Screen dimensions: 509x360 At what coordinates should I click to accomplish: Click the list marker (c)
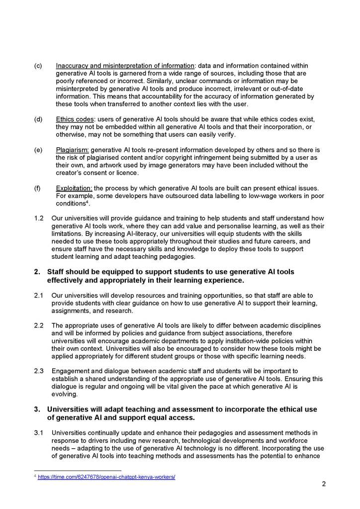(x=38, y=66)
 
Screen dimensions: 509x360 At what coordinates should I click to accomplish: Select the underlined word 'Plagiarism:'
(x=73, y=150)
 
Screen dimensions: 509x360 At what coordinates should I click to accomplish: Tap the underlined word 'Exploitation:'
(x=75, y=188)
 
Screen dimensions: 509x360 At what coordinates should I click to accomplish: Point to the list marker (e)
(x=38, y=150)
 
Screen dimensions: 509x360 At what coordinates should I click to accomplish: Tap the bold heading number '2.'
(x=37, y=272)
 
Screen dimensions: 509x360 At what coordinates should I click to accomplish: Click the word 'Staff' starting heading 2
(x=57, y=272)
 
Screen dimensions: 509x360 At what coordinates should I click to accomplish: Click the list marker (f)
(x=38, y=188)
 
